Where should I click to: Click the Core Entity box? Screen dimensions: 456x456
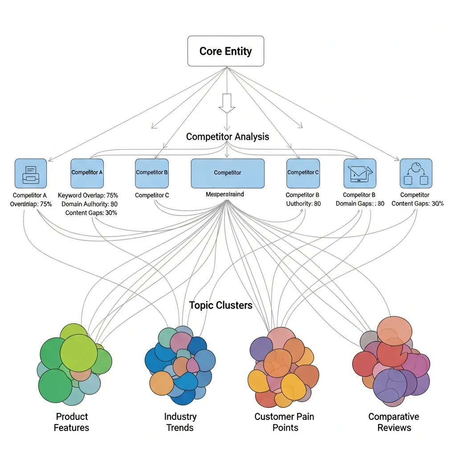coord(225,51)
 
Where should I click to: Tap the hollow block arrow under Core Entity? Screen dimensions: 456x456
coord(227,103)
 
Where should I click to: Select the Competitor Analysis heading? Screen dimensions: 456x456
coord(227,136)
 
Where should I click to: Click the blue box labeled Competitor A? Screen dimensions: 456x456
coord(87,173)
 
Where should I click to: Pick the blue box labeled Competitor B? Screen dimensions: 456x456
coord(151,173)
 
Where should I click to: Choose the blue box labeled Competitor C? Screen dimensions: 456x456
coord(303,173)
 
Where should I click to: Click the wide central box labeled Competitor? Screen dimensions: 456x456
coord(228,173)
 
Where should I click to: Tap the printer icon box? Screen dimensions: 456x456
coord(30,173)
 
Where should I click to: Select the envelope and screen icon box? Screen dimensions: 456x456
coord(360,173)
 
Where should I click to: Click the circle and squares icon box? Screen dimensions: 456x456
coord(416,173)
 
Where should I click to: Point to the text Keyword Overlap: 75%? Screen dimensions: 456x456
coord(88,195)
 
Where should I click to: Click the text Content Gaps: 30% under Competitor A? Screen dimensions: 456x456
coord(91,213)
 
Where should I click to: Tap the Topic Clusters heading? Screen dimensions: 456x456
coord(221,305)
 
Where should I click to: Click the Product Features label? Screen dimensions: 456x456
coord(72,422)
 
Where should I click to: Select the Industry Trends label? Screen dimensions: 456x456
coord(180,422)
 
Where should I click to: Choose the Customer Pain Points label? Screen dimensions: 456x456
coord(284,422)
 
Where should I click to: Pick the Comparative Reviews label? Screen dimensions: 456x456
coord(394,422)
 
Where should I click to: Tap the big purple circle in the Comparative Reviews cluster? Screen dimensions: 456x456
coord(390,386)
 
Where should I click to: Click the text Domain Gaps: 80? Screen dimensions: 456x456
coord(360,204)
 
